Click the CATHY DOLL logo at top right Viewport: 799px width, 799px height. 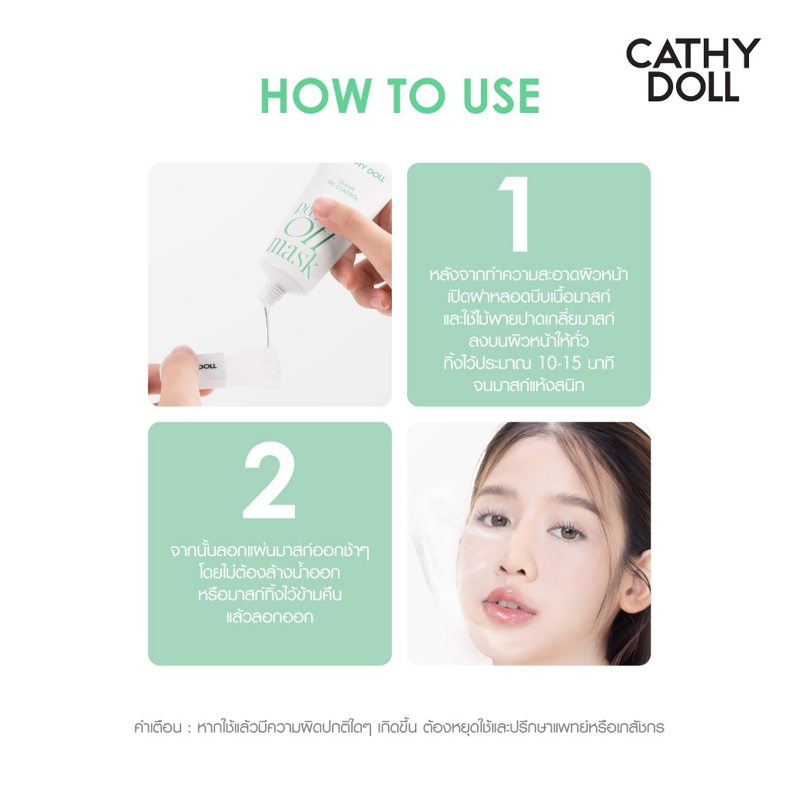click(692, 70)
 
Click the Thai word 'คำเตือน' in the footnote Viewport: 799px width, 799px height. click(157, 727)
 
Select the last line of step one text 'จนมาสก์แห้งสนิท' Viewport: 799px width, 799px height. click(529, 385)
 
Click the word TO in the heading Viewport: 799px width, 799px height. click(399, 96)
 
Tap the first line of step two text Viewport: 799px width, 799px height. click(270, 551)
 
